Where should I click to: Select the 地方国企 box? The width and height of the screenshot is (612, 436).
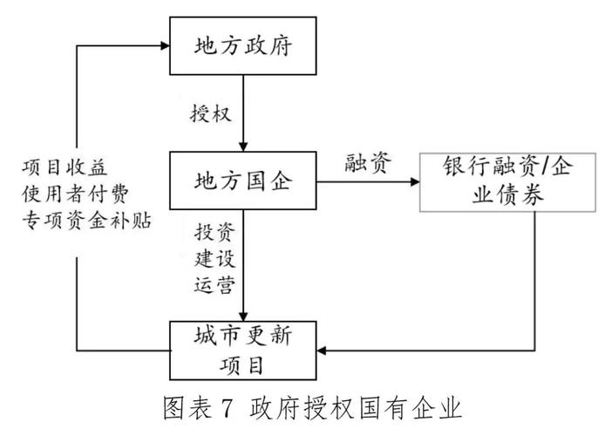tap(242, 181)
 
